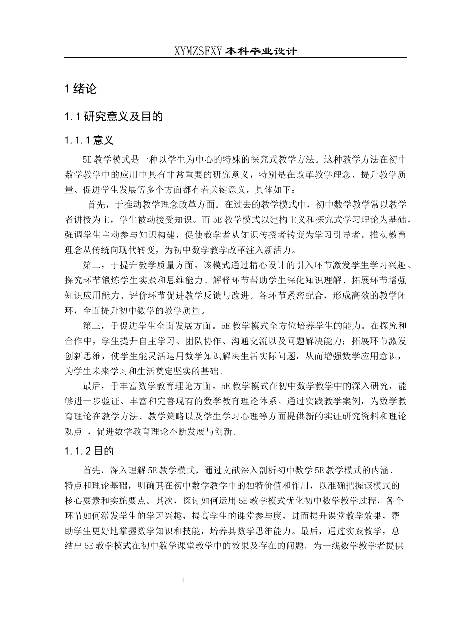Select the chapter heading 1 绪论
[81, 88]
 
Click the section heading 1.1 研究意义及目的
[114, 116]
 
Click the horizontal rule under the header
[235, 58]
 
